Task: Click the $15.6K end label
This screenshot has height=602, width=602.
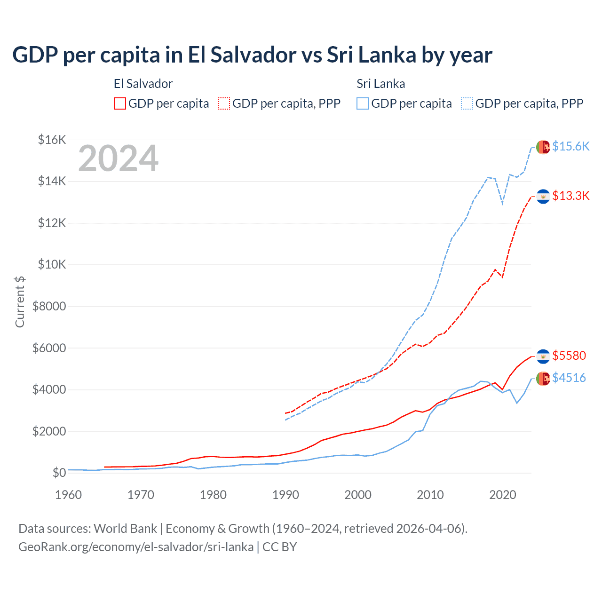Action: point(570,146)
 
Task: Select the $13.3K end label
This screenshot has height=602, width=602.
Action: point(570,196)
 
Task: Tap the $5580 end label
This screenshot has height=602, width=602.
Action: point(569,356)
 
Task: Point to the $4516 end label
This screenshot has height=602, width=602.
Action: point(569,378)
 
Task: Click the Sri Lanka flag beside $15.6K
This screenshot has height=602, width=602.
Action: point(543,147)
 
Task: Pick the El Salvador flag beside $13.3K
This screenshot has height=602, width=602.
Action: point(543,196)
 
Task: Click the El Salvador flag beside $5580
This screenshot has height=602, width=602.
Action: point(543,356)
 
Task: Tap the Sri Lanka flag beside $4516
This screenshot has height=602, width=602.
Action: point(543,378)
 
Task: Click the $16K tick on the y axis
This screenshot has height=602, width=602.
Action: point(52,140)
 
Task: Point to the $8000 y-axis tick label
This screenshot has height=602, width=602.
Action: point(49,307)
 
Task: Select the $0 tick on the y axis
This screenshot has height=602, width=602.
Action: point(59,473)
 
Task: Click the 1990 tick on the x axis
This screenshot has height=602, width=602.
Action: point(285,495)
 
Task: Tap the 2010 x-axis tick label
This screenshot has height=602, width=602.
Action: point(430,495)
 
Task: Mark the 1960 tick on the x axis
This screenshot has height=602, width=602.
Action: point(69,495)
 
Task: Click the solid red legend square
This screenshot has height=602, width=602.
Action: point(120,103)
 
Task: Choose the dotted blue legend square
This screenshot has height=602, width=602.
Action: point(467,103)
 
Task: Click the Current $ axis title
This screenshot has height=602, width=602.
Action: point(20,302)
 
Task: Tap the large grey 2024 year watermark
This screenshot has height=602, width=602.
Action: point(119,159)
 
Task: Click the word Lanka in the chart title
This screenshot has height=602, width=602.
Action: point(387,55)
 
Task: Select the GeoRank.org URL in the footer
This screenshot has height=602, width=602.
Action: point(136,547)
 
